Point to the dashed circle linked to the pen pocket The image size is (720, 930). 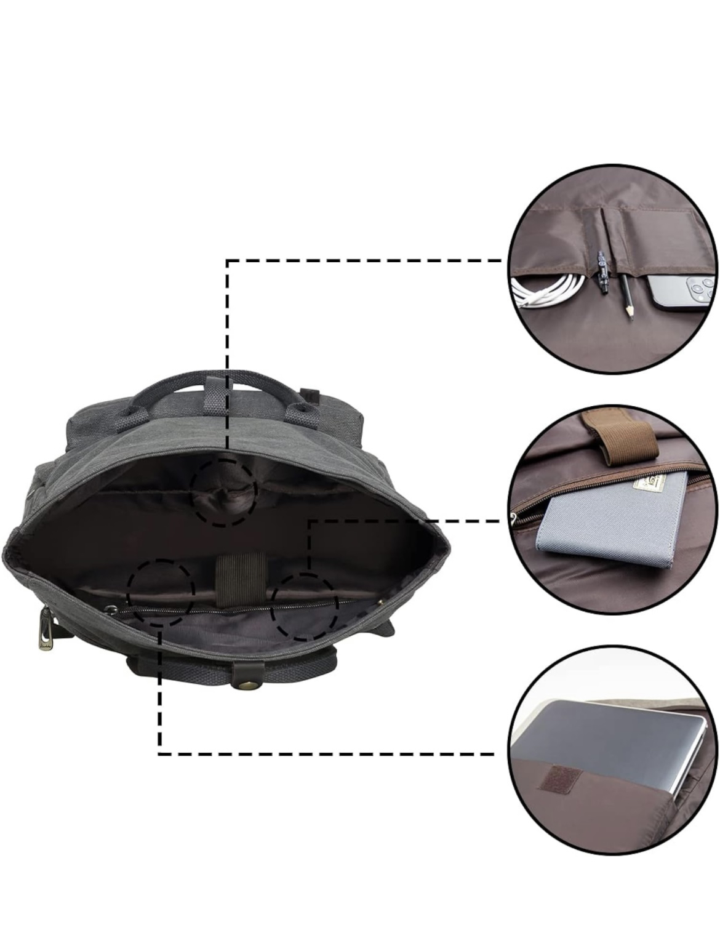[x=224, y=492]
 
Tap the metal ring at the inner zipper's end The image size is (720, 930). [x=111, y=609]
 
